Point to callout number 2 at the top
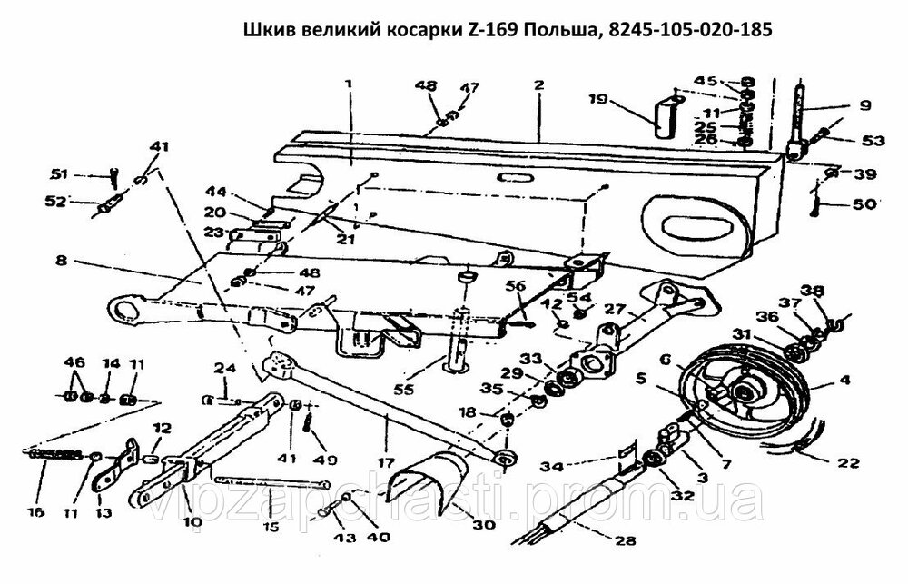click(x=538, y=84)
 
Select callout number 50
click(x=865, y=205)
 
